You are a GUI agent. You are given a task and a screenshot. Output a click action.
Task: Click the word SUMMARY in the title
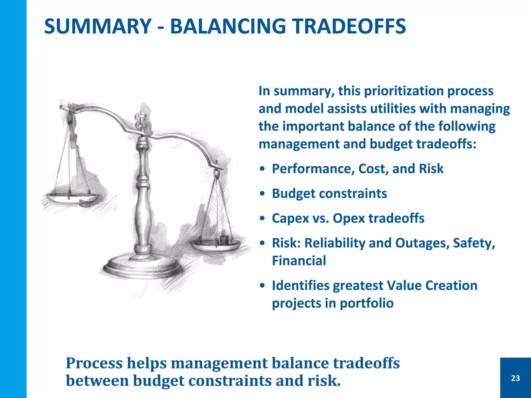tap(98, 26)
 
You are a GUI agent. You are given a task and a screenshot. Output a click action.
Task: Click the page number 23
tap(515, 378)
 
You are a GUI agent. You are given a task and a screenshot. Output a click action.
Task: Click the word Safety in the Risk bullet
tap(474, 243)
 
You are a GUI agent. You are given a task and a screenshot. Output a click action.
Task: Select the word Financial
tap(299, 261)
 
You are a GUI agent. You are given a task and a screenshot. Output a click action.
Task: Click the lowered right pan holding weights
tap(216, 245)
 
